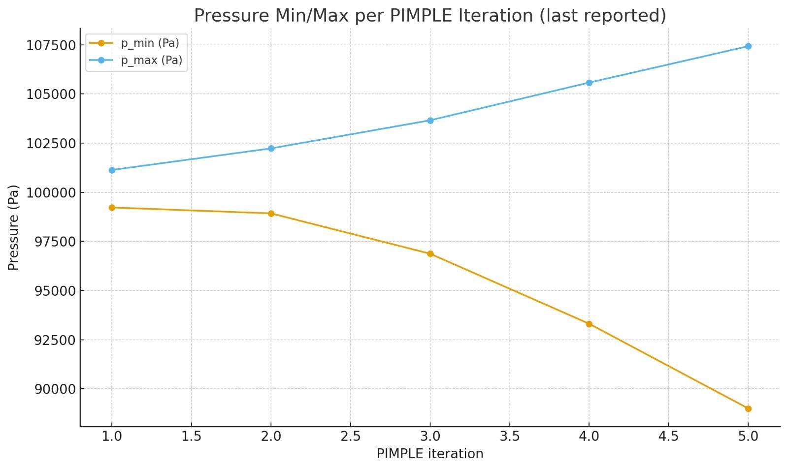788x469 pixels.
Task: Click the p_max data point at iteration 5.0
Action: (x=748, y=46)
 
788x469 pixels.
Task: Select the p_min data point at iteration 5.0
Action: (x=748, y=408)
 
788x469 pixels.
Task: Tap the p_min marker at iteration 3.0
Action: (x=430, y=254)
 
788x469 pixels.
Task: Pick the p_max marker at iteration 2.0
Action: (x=271, y=148)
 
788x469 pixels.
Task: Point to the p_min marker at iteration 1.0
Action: (x=112, y=208)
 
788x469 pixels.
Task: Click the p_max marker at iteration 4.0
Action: (x=589, y=83)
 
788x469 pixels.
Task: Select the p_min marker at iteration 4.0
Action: (x=589, y=324)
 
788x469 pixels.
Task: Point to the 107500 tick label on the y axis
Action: (x=51, y=45)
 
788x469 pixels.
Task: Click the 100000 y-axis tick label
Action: (x=51, y=192)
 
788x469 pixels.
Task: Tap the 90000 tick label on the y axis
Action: (x=55, y=389)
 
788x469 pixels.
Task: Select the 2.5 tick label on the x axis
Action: (x=350, y=437)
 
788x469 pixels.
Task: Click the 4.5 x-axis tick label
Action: (x=668, y=437)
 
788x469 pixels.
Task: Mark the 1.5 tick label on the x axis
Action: (x=191, y=437)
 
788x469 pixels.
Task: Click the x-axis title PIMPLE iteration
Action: (x=430, y=454)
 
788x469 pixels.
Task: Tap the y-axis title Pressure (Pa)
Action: (x=13, y=227)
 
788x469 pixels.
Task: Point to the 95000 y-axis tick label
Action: (x=55, y=291)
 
